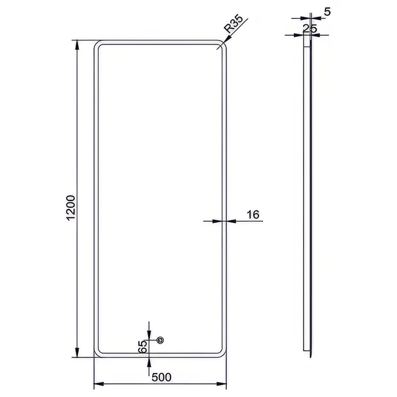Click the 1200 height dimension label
coord(71,208)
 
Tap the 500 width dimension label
coord(162,377)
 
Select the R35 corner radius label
coord(233,24)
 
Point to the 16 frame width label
coord(253,214)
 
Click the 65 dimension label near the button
coord(143,346)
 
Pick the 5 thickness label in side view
coord(327,11)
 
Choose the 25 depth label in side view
coord(310,28)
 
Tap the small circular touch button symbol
coord(160,340)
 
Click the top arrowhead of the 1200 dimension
coord(77,45)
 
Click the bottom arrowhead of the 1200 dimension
coord(77,352)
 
